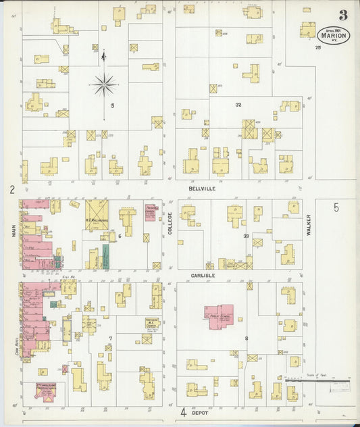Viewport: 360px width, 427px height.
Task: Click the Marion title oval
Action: [x=334, y=35]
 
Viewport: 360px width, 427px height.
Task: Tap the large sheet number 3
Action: [x=343, y=15]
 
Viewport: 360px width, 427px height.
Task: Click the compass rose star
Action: [x=104, y=85]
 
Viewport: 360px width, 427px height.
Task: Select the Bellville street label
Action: [x=202, y=189]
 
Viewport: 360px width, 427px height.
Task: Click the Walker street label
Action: [x=308, y=224]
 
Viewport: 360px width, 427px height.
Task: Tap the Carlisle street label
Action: [x=202, y=276]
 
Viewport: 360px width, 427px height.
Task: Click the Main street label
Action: [x=13, y=231]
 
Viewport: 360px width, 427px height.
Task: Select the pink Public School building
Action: [x=220, y=316]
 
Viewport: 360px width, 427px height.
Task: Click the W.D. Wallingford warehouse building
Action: [x=97, y=213]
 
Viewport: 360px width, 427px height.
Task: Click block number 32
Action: [x=238, y=105]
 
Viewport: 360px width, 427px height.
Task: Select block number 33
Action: [x=247, y=236]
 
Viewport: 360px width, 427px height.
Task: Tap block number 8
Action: [x=247, y=338]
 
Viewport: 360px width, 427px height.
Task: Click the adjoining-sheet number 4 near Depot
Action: [x=182, y=411]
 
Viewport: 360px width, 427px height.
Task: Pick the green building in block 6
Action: [x=105, y=255]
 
